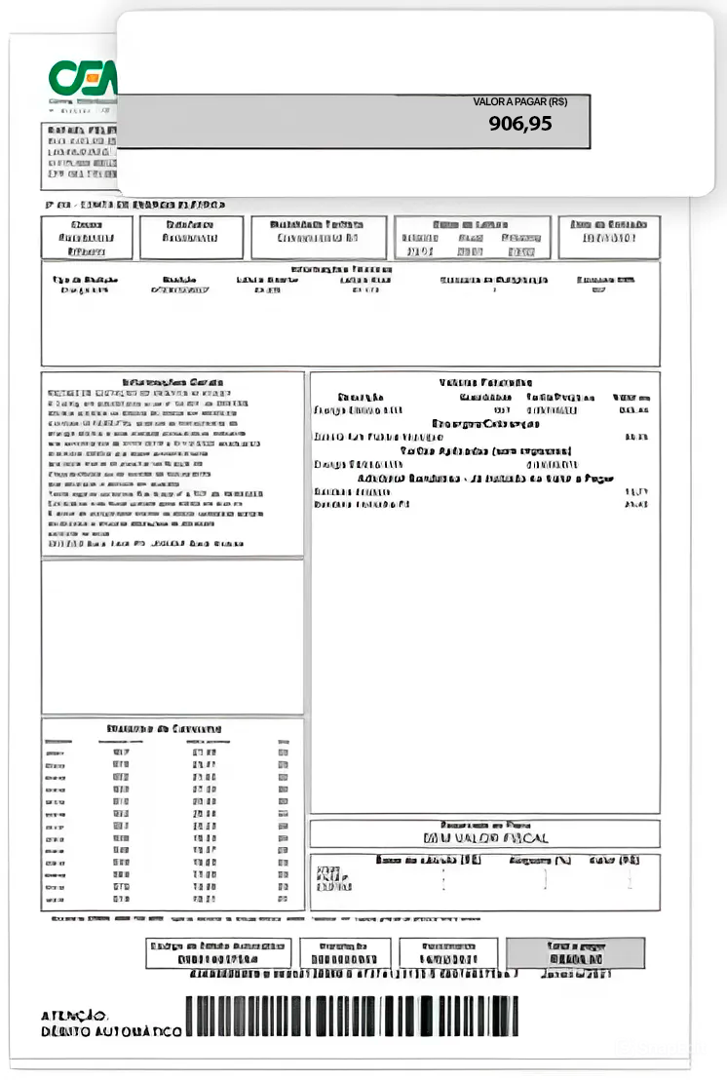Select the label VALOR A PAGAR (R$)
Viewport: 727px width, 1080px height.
[519, 101]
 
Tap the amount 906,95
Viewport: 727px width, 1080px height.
[520, 124]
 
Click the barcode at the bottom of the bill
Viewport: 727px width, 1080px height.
[352, 1017]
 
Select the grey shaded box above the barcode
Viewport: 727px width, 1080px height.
[575, 953]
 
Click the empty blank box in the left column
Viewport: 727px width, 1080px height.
[172, 636]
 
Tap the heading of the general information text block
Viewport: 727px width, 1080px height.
[172, 382]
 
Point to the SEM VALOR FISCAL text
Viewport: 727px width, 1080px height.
[485, 837]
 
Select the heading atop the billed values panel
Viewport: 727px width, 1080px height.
[485, 383]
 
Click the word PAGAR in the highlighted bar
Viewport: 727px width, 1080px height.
[528, 101]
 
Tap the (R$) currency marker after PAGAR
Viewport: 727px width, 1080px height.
[557, 101]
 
